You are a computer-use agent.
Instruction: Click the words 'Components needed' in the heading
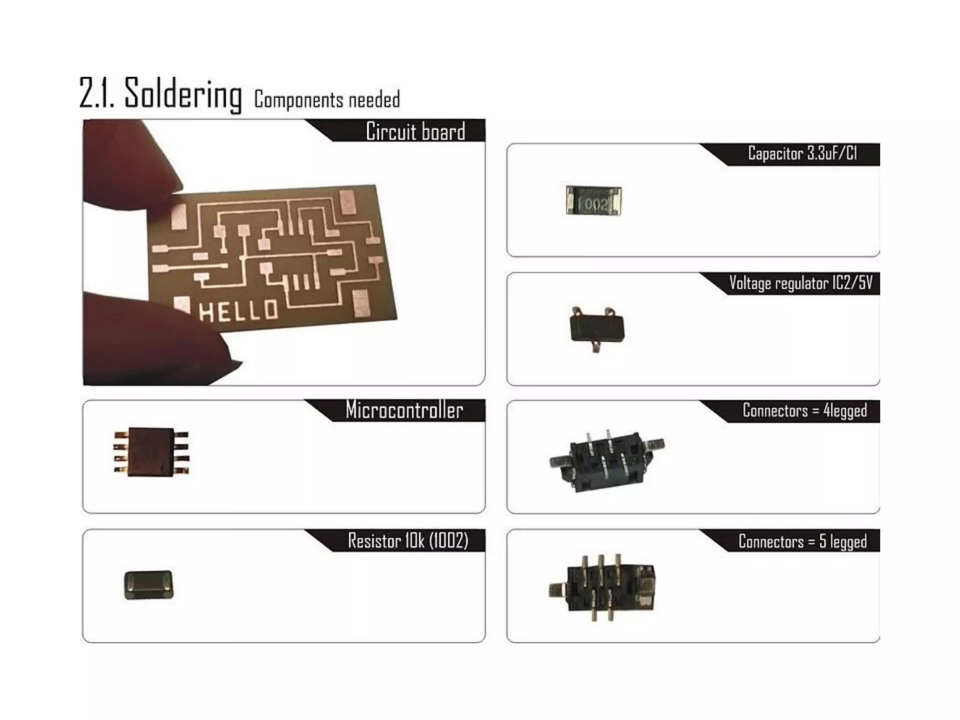coord(327,100)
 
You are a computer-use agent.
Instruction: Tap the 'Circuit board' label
coord(415,131)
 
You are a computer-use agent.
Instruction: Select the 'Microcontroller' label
coord(404,410)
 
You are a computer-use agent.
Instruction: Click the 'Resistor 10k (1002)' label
coord(408,540)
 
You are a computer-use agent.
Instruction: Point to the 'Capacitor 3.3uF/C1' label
coord(802,154)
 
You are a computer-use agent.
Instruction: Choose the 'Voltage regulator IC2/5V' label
coord(801,283)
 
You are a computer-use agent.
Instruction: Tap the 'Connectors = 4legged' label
coord(804,411)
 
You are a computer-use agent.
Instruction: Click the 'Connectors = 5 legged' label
coord(802,541)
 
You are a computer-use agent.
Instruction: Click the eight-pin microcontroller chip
coord(151,452)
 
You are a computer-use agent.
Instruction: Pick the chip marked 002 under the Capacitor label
coord(593,201)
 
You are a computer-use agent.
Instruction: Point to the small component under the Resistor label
coord(149,585)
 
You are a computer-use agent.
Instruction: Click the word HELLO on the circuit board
coord(239,311)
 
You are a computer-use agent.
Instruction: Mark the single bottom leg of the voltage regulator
coord(596,347)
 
